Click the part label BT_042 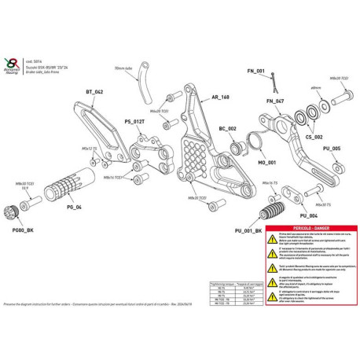point(93,92)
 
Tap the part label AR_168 point(221,98)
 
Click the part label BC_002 point(228,128)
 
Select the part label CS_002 point(314,136)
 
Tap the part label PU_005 point(331,149)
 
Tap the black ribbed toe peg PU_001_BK point(271,213)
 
